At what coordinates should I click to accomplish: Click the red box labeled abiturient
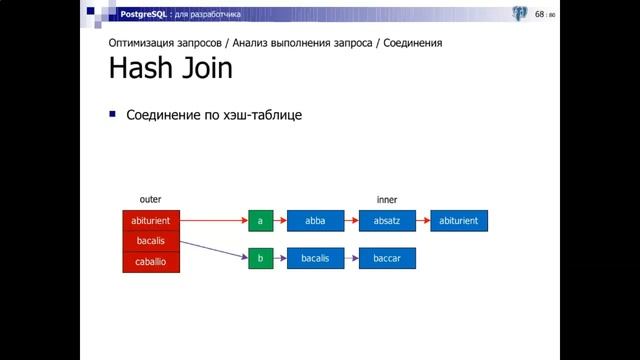tap(151, 221)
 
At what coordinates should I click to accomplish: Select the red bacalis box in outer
tap(151, 241)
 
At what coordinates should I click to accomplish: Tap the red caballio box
tap(151, 262)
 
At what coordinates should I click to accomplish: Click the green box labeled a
tap(260, 221)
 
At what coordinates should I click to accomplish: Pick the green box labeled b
tap(260, 259)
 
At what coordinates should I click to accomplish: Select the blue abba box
tap(315, 221)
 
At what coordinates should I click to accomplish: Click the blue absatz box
tap(386, 221)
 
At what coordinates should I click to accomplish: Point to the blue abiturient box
tap(459, 221)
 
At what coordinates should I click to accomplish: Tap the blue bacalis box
tap(315, 259)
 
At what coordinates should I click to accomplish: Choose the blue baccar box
tap(386, 259)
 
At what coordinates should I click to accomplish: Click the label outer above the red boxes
tap(150, 200)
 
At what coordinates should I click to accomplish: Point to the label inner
tap(386, 200)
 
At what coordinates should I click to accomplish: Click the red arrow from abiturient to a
tap(214, 221)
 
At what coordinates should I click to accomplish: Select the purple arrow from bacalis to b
tap(214, 250)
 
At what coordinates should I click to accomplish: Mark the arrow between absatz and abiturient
tap(422, 221)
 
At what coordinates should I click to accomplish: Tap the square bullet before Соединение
tap(113, 114)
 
